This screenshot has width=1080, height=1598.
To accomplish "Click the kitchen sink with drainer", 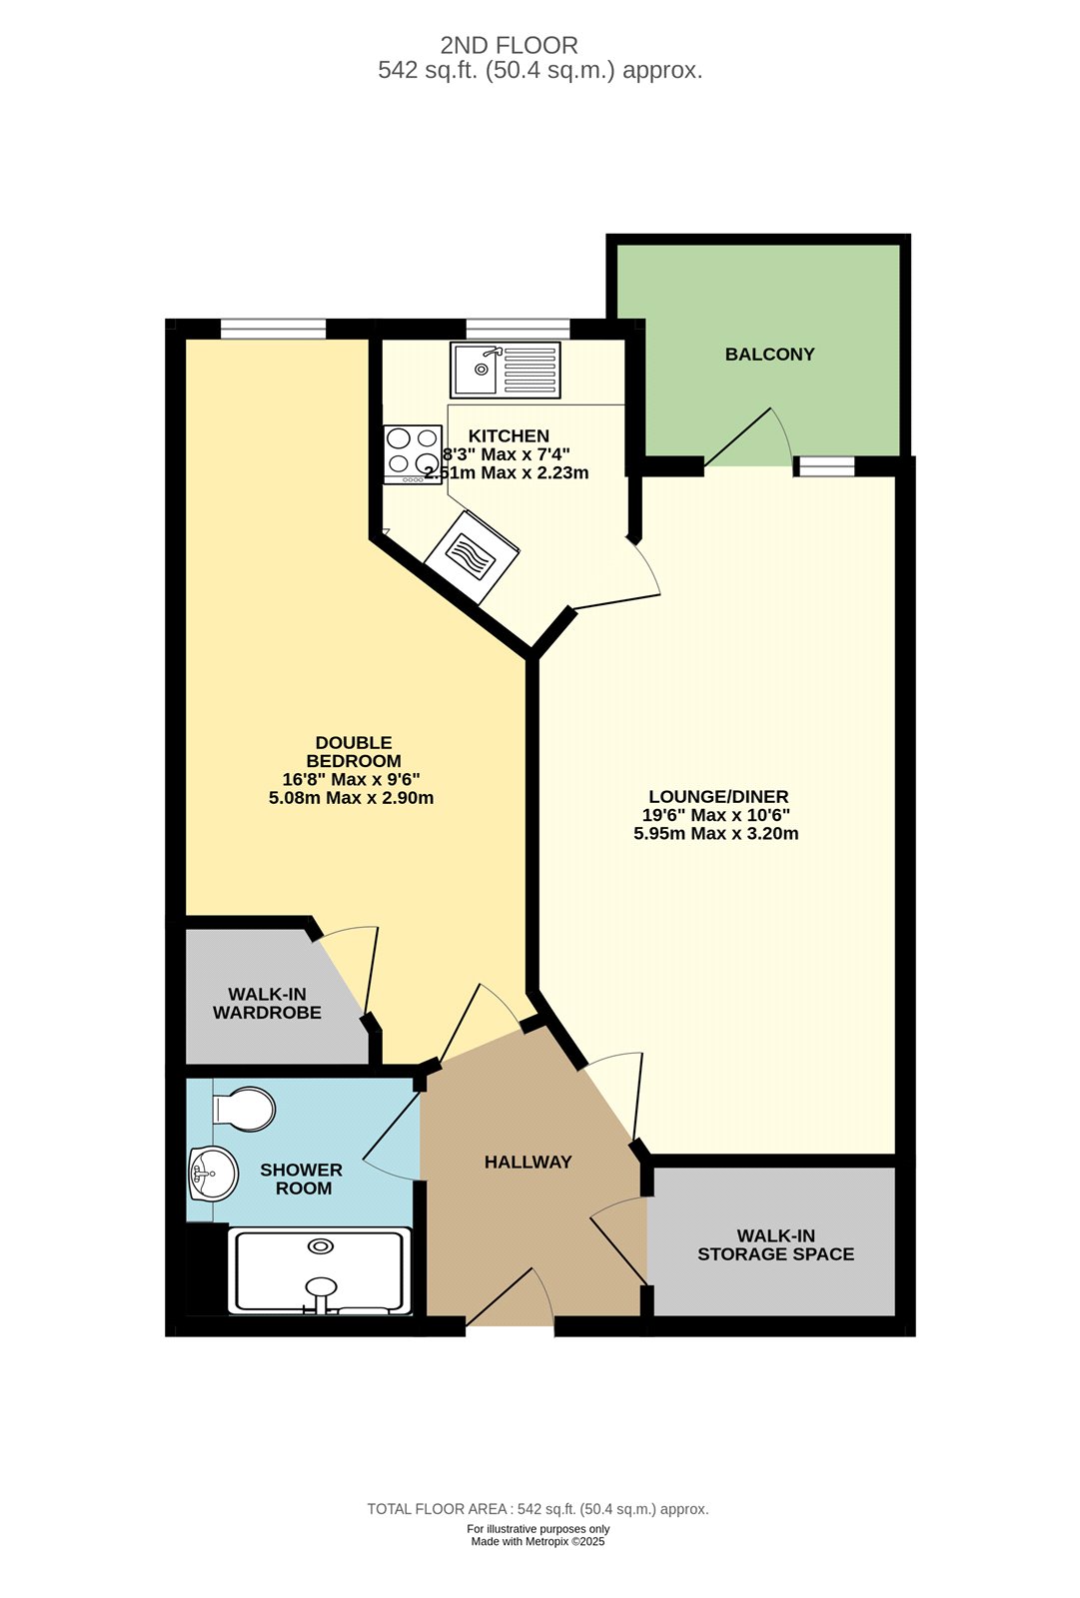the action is click(x=506, y=370).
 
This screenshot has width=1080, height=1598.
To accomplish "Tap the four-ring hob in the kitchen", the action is click(x=413, y=454).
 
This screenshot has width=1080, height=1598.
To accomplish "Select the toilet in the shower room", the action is click(x=244, y=1109).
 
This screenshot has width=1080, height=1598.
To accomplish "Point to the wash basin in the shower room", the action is click(x=213, y=1173).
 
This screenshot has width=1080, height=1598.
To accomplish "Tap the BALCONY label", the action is click(x=769, y=355).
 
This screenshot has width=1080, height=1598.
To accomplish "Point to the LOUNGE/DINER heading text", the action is click(x=718, y=796).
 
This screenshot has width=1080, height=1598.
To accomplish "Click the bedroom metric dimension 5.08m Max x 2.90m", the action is click(x=352, y=798).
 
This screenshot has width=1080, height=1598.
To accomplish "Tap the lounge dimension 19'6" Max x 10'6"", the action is click(x=716, y=815).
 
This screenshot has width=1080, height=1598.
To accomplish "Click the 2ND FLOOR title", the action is click(x=509, y=46).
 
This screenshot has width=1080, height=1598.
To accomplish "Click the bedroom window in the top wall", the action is click(x=273, y=329).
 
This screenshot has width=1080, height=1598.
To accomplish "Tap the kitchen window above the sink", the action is click(x=519, y=329).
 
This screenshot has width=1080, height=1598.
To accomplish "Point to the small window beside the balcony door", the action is click(x=826, y=466).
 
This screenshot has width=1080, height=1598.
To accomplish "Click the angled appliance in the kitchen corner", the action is click(x=472, y=556).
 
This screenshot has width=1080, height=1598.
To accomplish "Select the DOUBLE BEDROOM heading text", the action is click(x=354, y=752).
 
